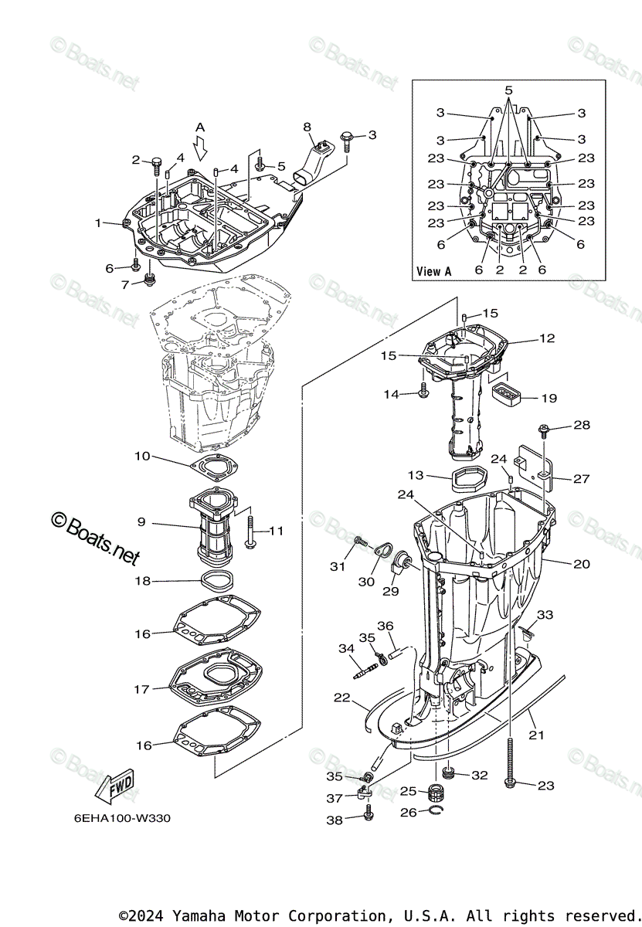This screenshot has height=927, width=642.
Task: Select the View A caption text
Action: tap(433, 271)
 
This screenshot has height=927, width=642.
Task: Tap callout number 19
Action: tap(549, 399)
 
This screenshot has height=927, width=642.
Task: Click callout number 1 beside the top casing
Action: tap(99, 222)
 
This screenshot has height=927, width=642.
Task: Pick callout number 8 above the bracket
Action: tap(307, 127)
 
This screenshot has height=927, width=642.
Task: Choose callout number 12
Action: tap(547, 338)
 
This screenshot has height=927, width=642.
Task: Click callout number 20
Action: tap(581, 564)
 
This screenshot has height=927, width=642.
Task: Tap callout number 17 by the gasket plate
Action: tap(141, 689)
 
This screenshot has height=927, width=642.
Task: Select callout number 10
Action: tap(142, 456)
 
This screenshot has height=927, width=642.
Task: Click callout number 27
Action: tap(582, 479)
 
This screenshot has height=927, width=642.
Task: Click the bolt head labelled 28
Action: tap(543, 426)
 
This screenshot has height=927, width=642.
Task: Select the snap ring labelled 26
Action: tap(436, 810)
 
